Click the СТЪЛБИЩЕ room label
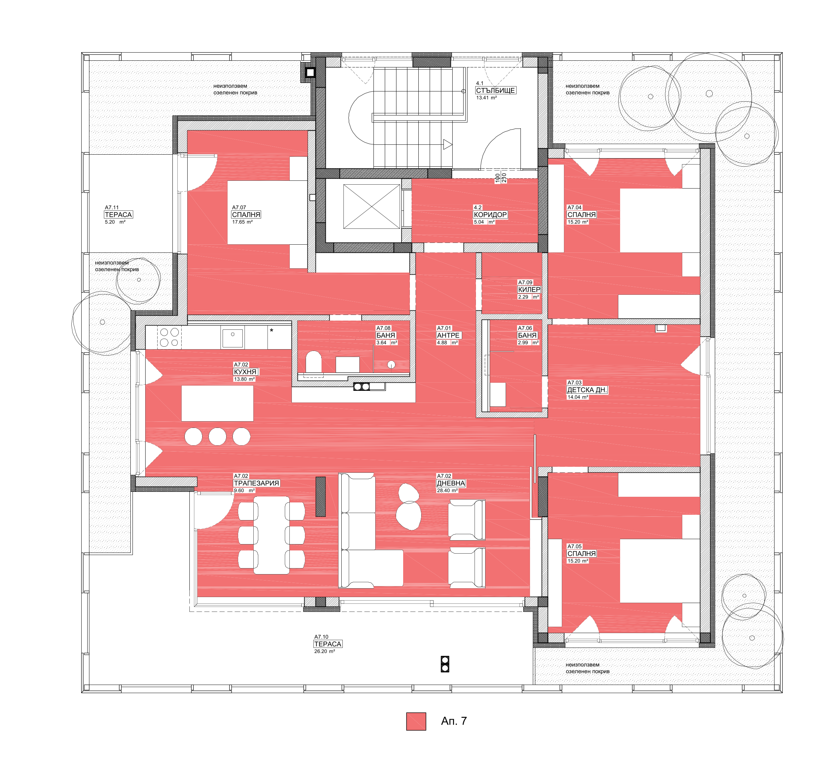(x=495, y=90)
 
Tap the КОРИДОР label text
(x=490, y=215)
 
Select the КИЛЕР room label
(x=529, y=290)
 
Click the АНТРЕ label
(x=448, y=335)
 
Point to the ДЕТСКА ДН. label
(x=587, y=390)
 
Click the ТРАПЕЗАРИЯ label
(x=256, y=483)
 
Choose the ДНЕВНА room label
(x=451, y=483)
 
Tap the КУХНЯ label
(x=245, y=372)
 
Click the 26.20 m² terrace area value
(x=325, y=651)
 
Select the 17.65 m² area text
(x=242, y=222)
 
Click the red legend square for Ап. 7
(x=416, y=721)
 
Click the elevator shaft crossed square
(x=372, y=207)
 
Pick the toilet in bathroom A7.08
(x=313, y=362)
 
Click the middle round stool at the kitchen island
(x=217, y=436)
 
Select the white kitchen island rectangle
(x=217, y=403)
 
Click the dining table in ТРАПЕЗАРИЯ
(x=272, y=535)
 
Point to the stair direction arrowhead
(x=447, y=144)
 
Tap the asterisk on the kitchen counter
(x=272, y=330)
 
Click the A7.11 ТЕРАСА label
(x=118, y=215)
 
